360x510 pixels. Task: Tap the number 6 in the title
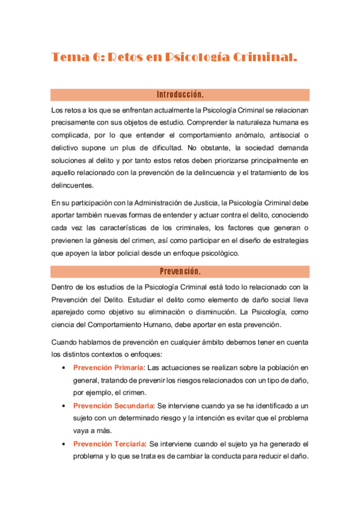(98, 58)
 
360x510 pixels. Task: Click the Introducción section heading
(180, 95)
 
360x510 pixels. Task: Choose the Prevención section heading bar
(180, 271)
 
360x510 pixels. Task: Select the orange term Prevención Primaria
(108, 367)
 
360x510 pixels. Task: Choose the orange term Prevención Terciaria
(109, 444)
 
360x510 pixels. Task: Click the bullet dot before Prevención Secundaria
(64, 406)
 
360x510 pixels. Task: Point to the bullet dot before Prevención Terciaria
(64, 444)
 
